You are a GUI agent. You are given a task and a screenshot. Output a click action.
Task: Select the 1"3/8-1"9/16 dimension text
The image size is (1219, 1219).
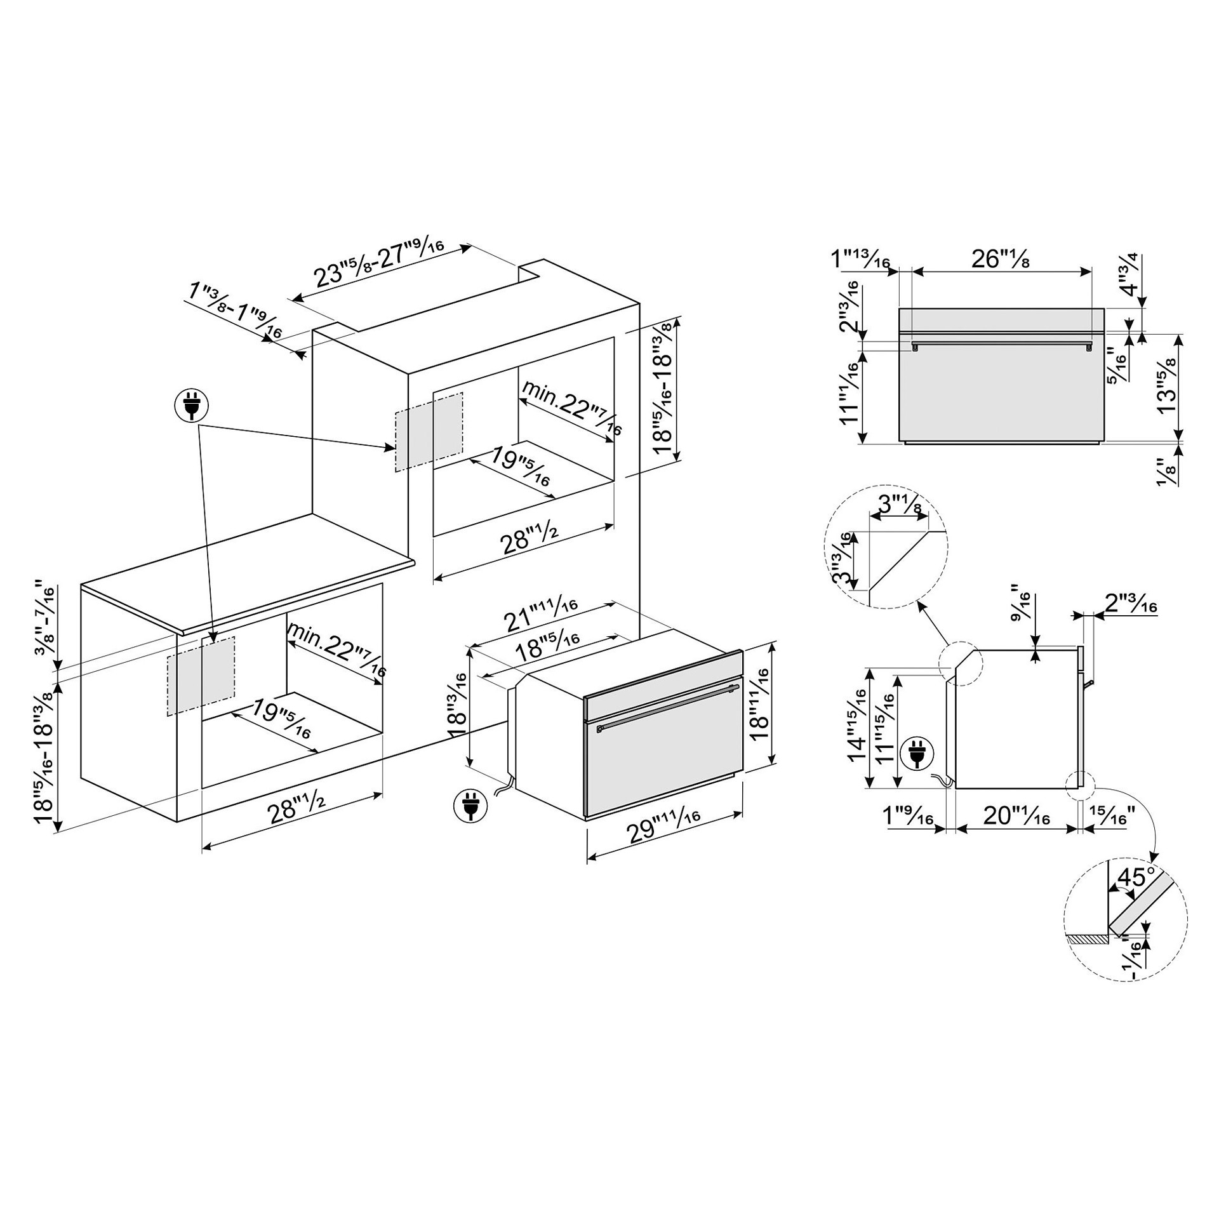click(236, 310)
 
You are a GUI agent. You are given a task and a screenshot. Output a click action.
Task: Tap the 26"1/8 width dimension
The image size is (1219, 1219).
click(1000, 258)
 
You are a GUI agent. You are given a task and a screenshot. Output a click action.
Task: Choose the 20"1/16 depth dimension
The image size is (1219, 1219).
click(1017, 816)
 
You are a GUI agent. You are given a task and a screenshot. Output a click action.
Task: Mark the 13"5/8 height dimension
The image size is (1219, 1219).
click(1166, 385)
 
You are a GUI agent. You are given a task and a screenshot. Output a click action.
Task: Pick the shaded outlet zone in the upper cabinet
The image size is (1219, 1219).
click(429, 432)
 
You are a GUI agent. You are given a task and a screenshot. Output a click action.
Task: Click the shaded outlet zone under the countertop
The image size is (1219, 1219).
click(201, 676)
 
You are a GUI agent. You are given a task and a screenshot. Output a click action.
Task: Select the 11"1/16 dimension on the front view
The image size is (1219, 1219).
click(851, 389)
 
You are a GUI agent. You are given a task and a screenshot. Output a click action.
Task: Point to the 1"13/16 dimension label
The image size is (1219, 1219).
click(860, 258)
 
